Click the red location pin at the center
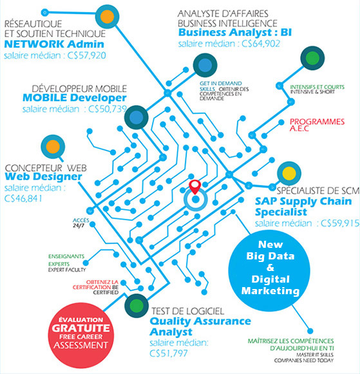[195, 187]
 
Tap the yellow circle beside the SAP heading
[289, 173]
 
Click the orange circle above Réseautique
[107, 17]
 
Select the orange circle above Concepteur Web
[53, 147]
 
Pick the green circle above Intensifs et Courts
[312, 58]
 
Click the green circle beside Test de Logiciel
[137, 305]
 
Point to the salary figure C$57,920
[86, 55]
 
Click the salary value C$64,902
[261, 44]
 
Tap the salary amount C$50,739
[108, 109]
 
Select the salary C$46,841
[23, 198]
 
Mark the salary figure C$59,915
[340, 223]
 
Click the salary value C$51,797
[169, 353]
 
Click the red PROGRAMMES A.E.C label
[317, 125]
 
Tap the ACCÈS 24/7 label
[81, 223]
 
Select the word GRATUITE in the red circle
[81, 328]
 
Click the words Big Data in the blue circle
[270, 256]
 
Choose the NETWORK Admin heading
[54, 44]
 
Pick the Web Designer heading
[43, 177]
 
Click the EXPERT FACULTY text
[67, 270]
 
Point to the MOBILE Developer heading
[75, 98]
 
